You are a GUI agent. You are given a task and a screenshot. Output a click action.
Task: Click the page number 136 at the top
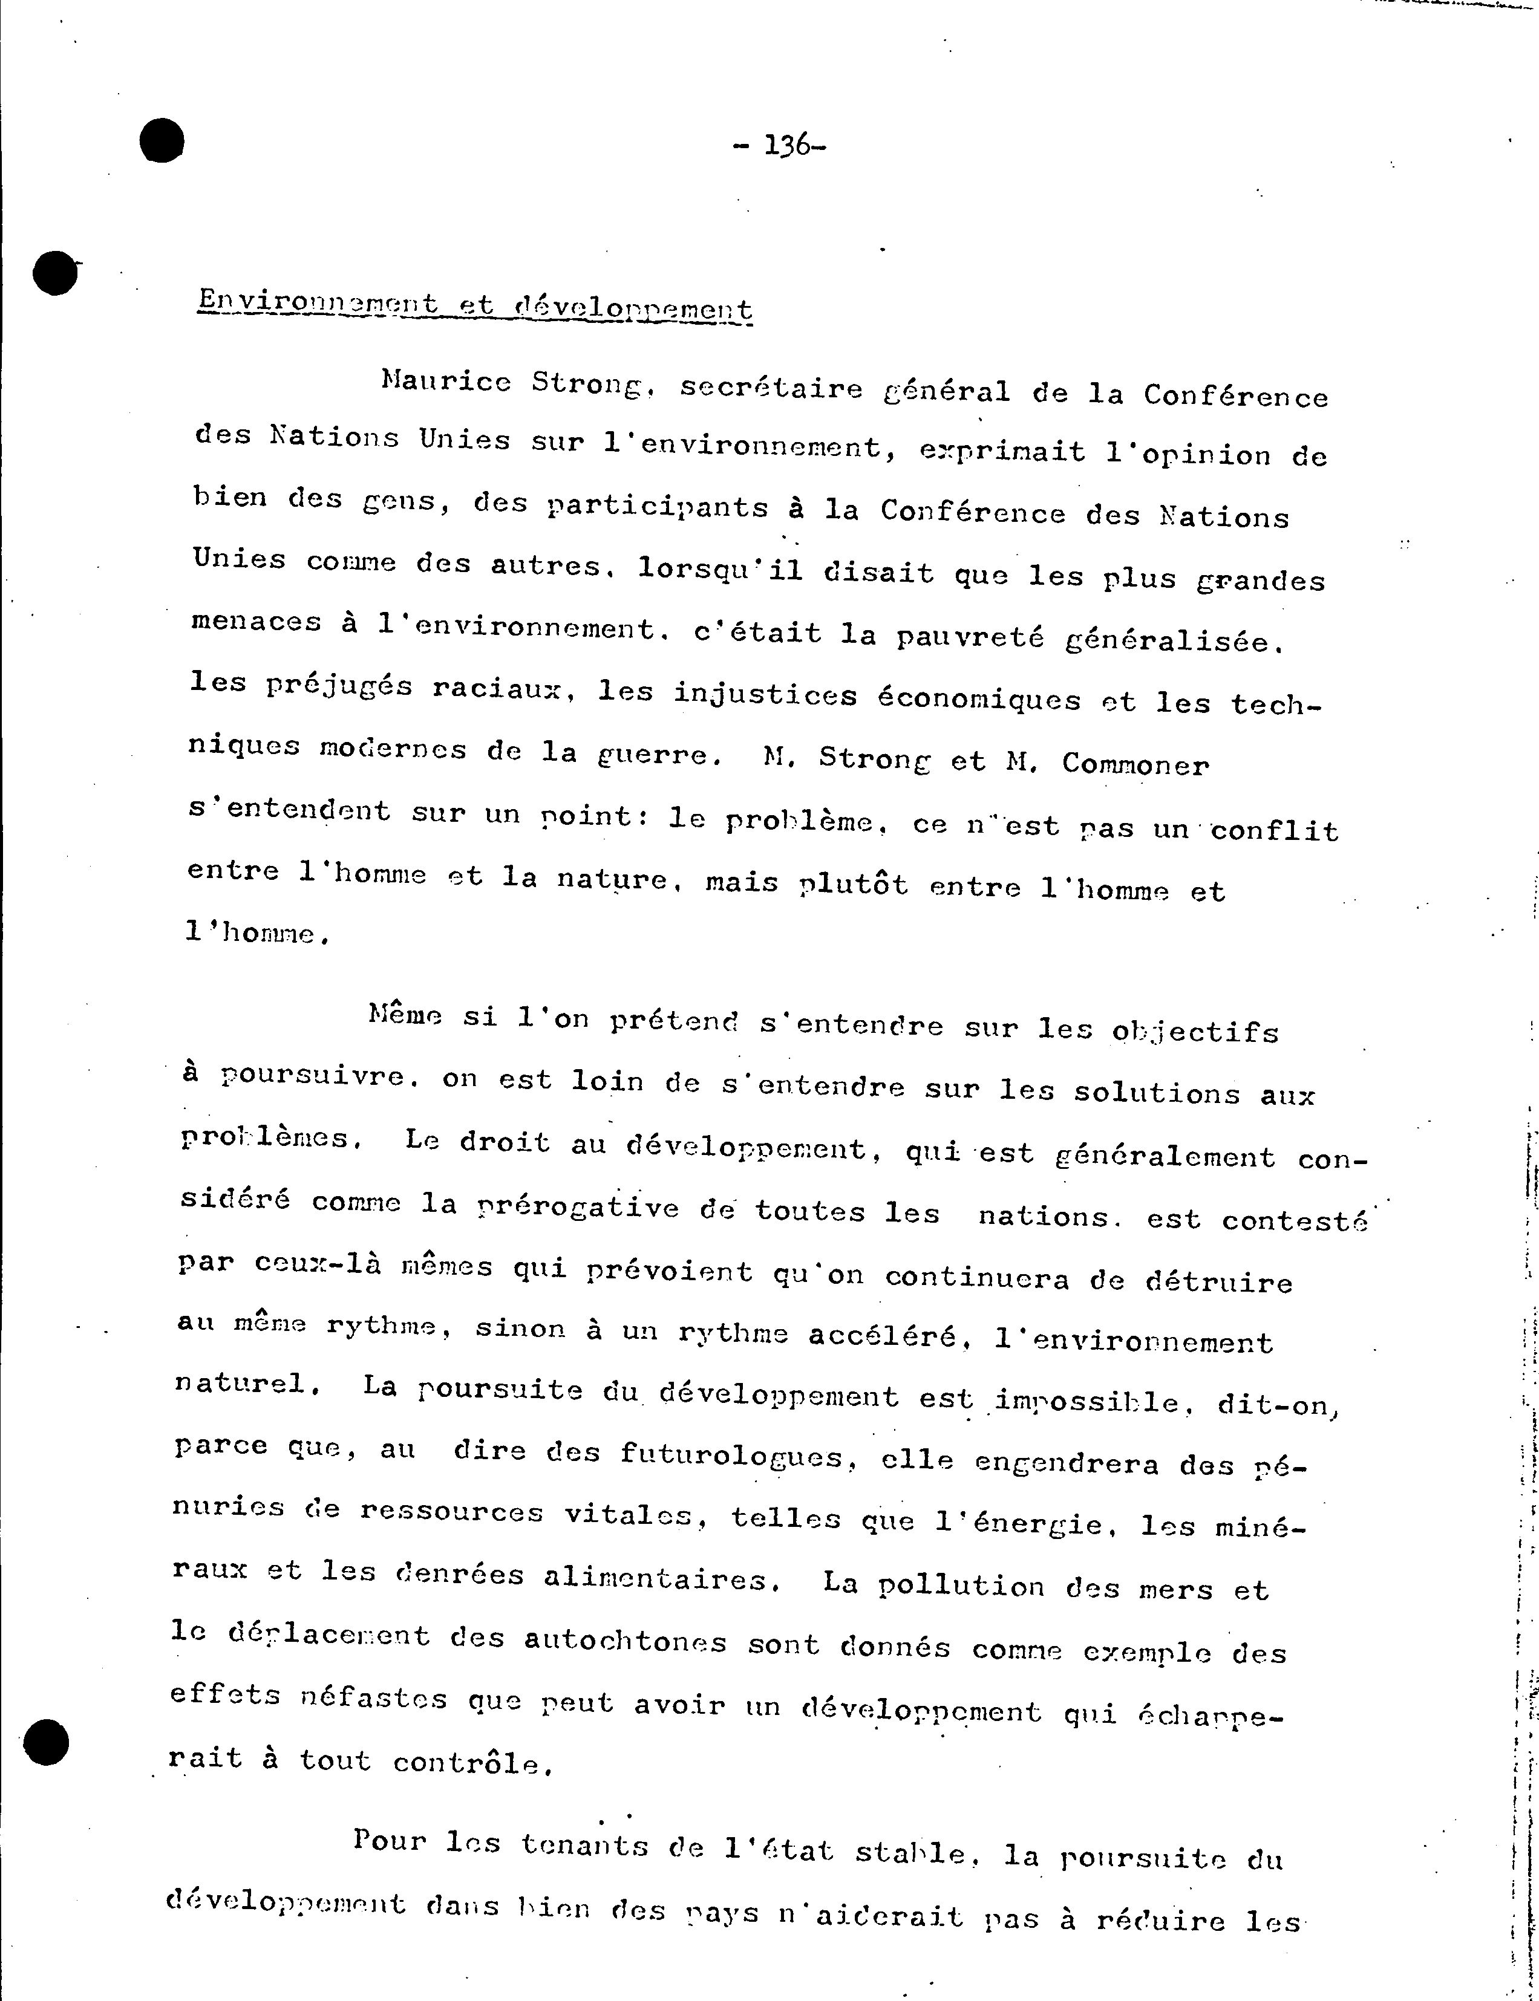tap(780, 145)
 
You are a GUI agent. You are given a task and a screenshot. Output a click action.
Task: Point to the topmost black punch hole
tap(162, 141)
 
